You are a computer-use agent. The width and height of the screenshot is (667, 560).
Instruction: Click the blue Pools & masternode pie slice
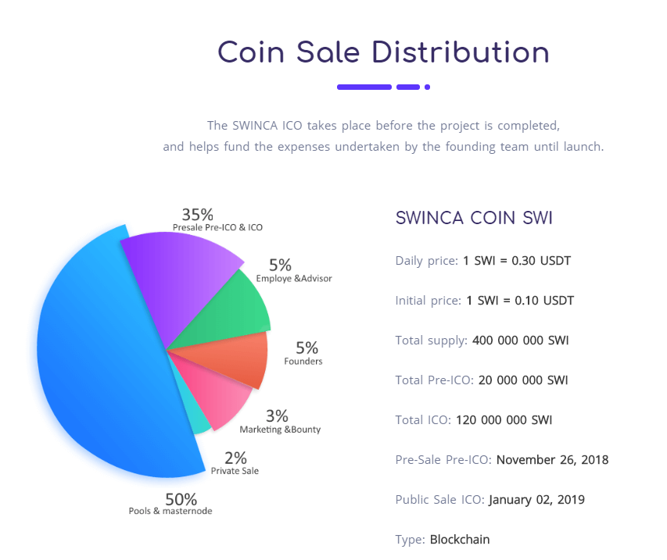[x=102, y=359]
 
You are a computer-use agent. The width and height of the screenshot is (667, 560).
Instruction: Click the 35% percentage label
[x=197, y=214]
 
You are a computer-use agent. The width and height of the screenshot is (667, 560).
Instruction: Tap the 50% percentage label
[x=181, y=498]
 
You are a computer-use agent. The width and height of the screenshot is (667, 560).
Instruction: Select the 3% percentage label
[x=277, y=416]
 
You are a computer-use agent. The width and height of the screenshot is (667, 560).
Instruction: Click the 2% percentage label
[x=235, y=458]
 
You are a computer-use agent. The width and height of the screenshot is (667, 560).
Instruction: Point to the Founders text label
[x=303, y=362]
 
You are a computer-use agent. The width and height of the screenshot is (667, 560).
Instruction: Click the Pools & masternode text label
[x=170, y=512]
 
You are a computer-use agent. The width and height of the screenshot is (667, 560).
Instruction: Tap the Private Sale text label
[x=235, y=471]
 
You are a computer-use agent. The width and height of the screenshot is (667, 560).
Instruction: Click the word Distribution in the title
[x=461, y=52]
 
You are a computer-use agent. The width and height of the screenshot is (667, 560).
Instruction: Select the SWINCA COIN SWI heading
[x=474, y=218]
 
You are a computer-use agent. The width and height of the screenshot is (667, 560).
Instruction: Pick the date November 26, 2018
[x=552, y=459]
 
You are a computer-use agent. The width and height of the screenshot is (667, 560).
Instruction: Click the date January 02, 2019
[x=536, y=499]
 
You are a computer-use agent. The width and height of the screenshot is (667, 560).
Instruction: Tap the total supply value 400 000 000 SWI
[x=519, y=341]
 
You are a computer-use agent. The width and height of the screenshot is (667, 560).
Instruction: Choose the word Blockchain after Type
[x=460, y=539]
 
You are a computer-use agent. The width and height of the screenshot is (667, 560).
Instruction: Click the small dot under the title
[x=427, y=87]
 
